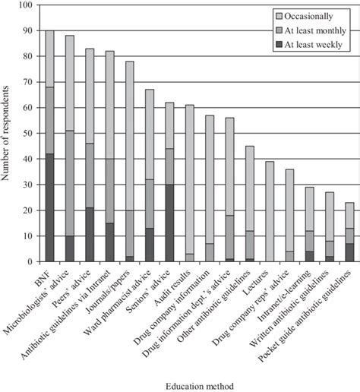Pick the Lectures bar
pos(270,209)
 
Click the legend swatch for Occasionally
pos(279,15)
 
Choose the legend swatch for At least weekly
pos(279,45)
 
